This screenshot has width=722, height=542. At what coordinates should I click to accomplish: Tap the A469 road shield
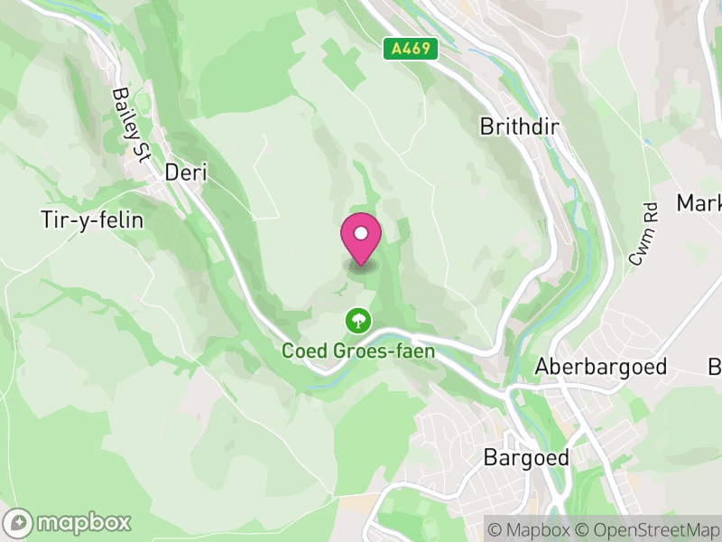410,49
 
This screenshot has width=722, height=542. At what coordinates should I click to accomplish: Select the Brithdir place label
519,126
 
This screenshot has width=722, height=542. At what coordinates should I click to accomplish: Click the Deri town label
185,172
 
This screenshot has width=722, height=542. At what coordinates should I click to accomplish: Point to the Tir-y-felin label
92,220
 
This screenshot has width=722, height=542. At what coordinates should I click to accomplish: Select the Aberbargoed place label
600,367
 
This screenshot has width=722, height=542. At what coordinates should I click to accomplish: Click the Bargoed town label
527,457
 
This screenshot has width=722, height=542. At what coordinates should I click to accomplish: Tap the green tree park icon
358,320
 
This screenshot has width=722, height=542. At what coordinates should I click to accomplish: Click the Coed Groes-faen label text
358,350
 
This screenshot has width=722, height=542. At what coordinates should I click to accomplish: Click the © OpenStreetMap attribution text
650,528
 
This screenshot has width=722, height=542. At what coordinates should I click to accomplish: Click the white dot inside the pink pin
361,234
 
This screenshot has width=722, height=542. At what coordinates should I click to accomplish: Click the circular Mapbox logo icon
18,522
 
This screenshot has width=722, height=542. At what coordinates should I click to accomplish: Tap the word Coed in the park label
303,350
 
